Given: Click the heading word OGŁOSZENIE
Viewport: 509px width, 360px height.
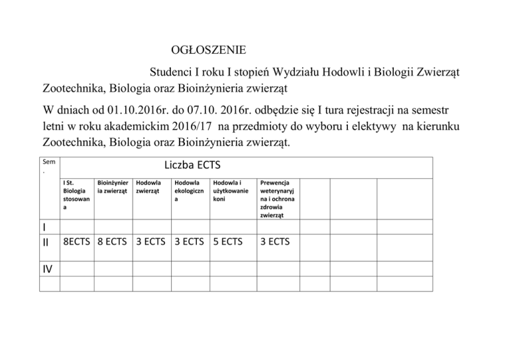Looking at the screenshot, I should (208, 50).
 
